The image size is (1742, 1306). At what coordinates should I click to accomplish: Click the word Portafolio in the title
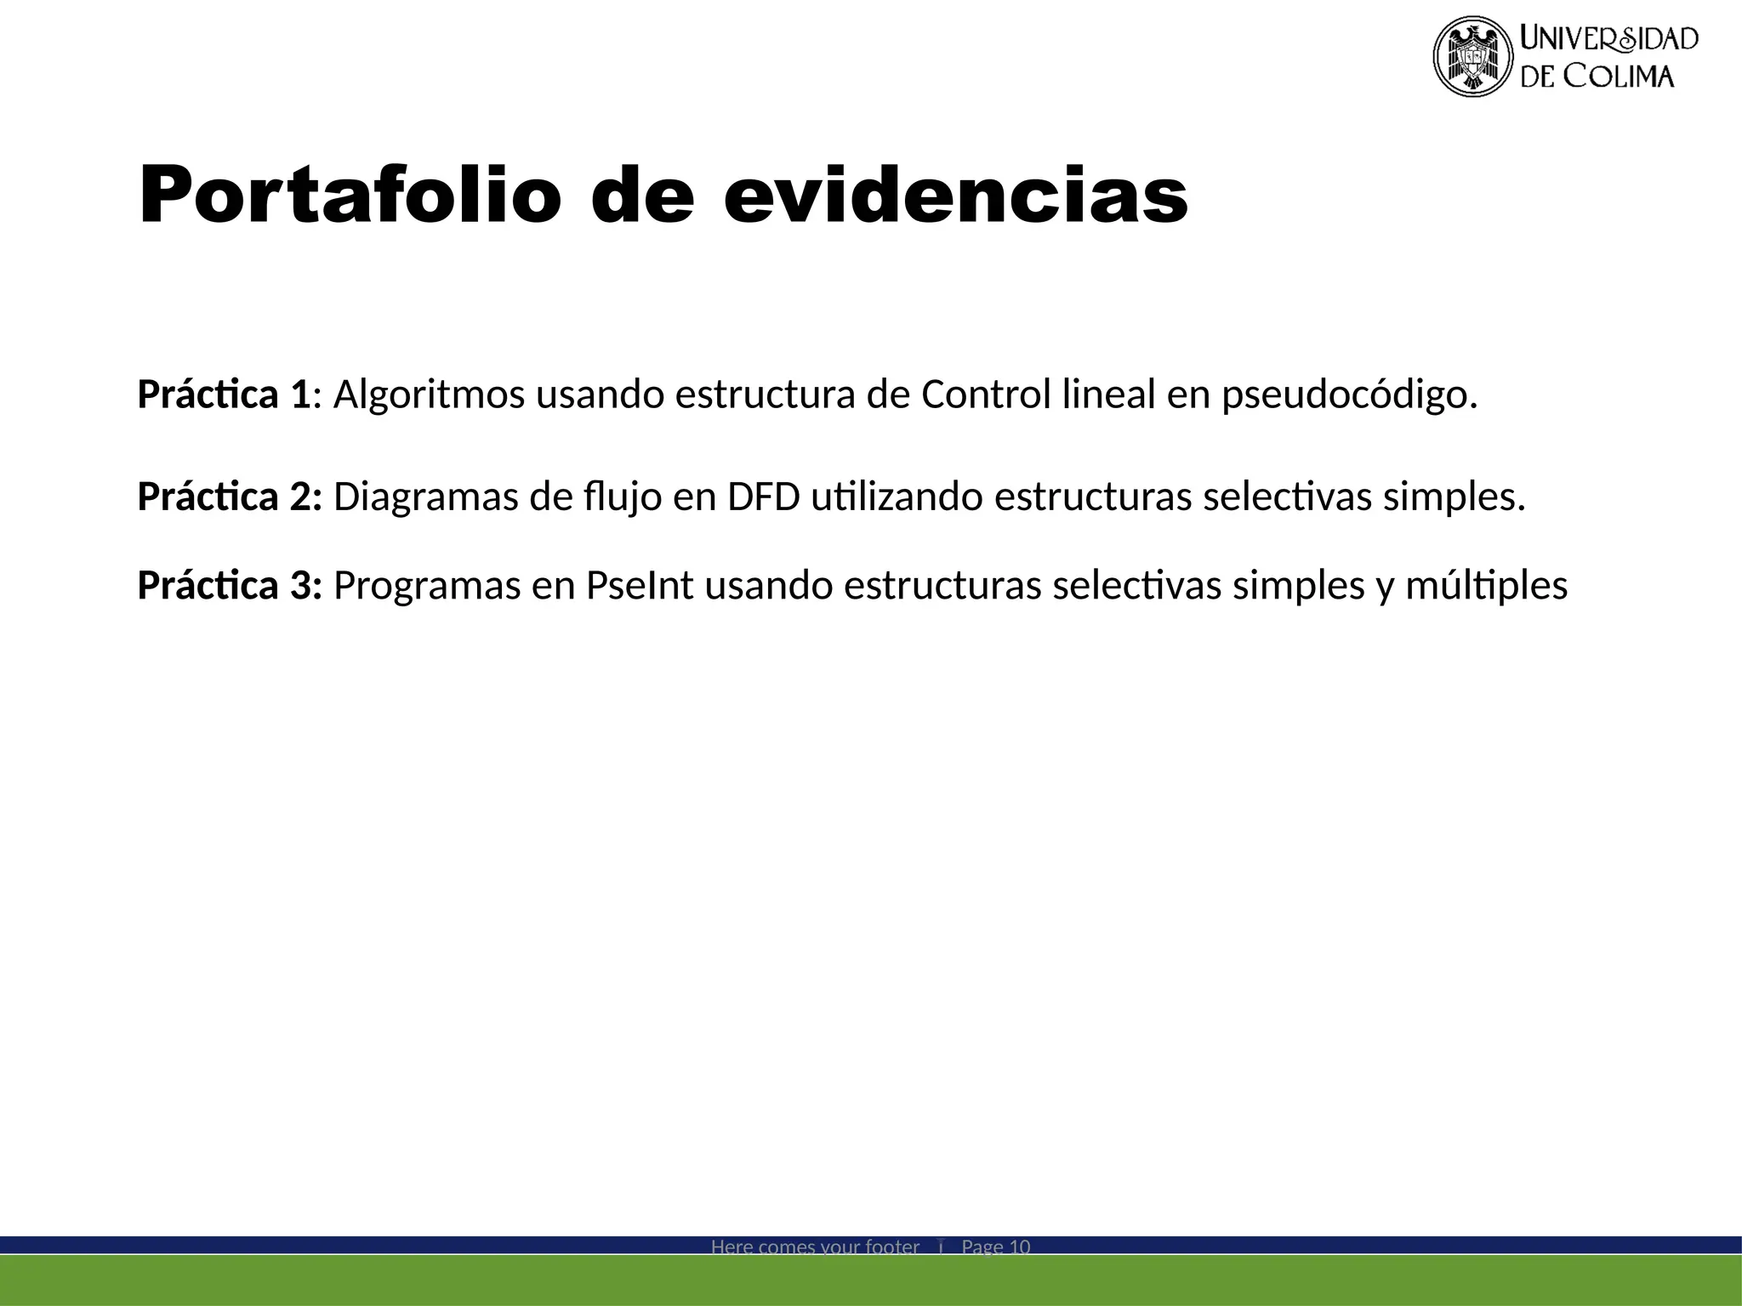[x=350, y=196]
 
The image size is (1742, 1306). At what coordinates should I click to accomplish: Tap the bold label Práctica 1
[x=225, y=395]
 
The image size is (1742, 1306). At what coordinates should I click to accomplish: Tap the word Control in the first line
[x=986, y=395]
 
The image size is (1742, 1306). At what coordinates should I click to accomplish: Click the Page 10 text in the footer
[x=995, y=1247]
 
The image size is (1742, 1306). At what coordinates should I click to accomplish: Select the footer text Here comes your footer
[x=815, y=1247]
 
